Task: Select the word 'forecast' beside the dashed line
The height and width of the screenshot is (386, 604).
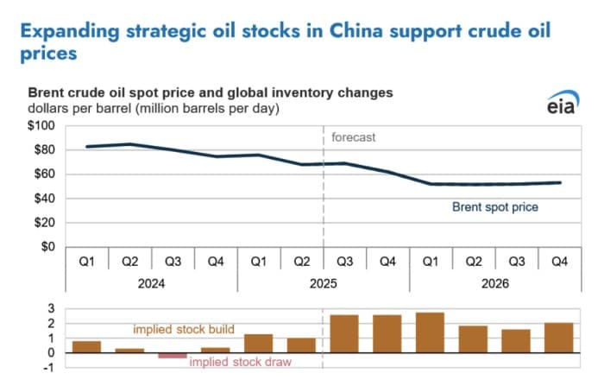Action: click(x=354, y=137)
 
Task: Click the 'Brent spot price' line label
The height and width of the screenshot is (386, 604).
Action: click(x=496, y=207)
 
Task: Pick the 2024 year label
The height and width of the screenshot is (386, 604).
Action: click(x=152, y=283)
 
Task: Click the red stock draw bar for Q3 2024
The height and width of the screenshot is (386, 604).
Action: click(x=173, y=355)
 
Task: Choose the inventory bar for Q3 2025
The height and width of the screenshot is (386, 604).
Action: click(x=344, y=333)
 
